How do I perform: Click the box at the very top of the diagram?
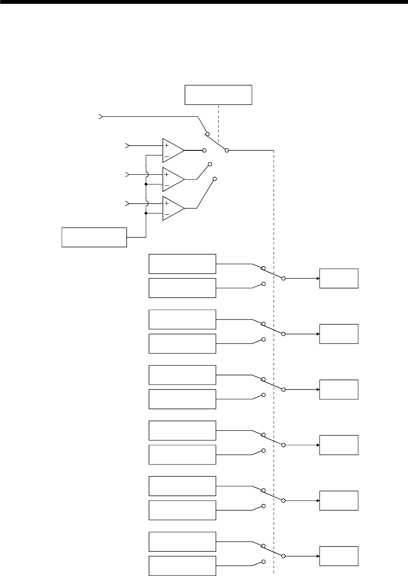pos(218,95)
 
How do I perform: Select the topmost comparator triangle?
pos(172,150)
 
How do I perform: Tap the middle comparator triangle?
pos(172,179)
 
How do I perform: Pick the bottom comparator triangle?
pos(172,208)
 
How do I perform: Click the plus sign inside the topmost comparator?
pos(166,145)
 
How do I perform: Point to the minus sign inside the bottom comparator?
pos(166,214)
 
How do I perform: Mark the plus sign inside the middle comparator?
pos(166,174)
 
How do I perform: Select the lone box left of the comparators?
pos(94,237)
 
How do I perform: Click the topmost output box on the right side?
pos(339,279)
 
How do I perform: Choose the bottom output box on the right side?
pos(339,556)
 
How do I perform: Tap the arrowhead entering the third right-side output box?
pos(318,389)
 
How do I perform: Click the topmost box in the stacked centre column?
pos(182,264)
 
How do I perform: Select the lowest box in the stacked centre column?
pos(182,566)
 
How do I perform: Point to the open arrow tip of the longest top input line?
pos(100,116)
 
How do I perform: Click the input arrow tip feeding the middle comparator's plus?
pos(126,174)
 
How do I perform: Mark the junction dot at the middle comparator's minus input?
pos(146,184)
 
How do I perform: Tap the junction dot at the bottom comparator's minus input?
pos(146,213)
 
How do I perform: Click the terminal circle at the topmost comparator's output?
pos(205,150)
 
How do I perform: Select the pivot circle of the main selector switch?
pos(227,150)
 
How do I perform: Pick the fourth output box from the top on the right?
pos(339,445)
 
